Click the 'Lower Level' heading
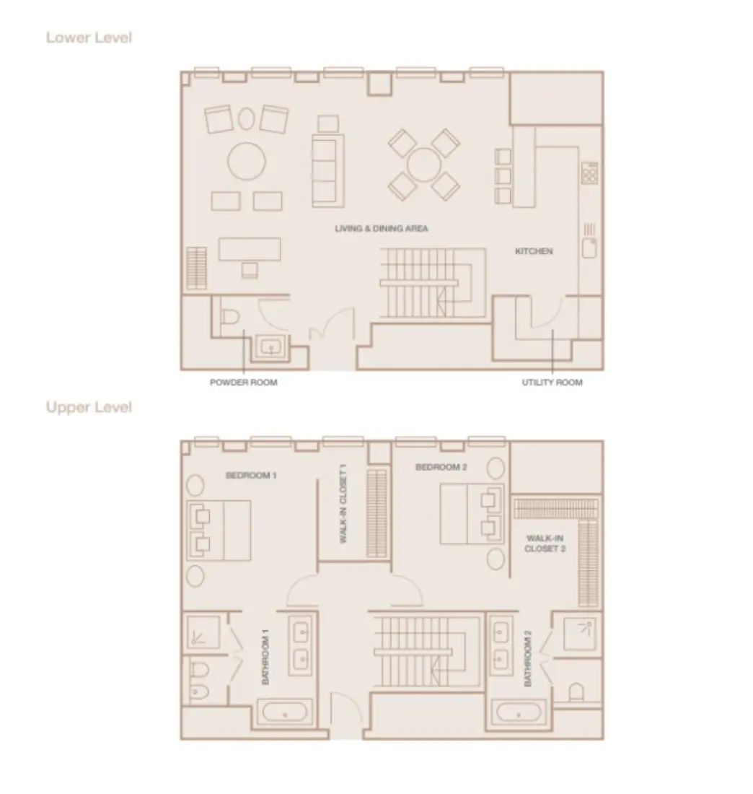click(89, 38)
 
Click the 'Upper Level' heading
click(89, 407)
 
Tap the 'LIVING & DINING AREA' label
click(382, 229)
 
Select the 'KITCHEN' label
click(534, 251)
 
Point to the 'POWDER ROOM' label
click(243, 383)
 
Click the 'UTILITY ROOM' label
click(552, 383)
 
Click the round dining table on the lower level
click(423, 165)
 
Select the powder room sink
click(272, 348)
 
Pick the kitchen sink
click(589, 248)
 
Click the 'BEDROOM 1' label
click(251, 476)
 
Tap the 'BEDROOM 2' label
click(441, 468)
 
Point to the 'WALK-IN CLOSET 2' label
click(545, 543)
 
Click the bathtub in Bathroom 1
click(285, 714)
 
